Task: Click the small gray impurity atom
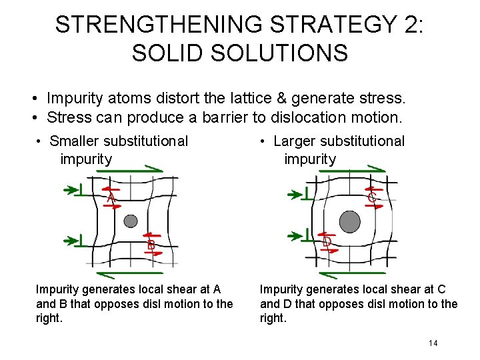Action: tap(131, 221)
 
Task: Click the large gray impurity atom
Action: tap(349, 221)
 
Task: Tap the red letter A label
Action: tap(111, 198)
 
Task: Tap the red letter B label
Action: tap(151, 245)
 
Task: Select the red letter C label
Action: tap(371, 197)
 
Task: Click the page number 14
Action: tap(433, 343)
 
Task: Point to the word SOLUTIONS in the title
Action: tap(283, 53)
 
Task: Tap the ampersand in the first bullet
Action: tap(281, 99)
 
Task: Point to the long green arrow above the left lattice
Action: tap(130, 171)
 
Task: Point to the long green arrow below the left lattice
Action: tap(130, 273)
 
